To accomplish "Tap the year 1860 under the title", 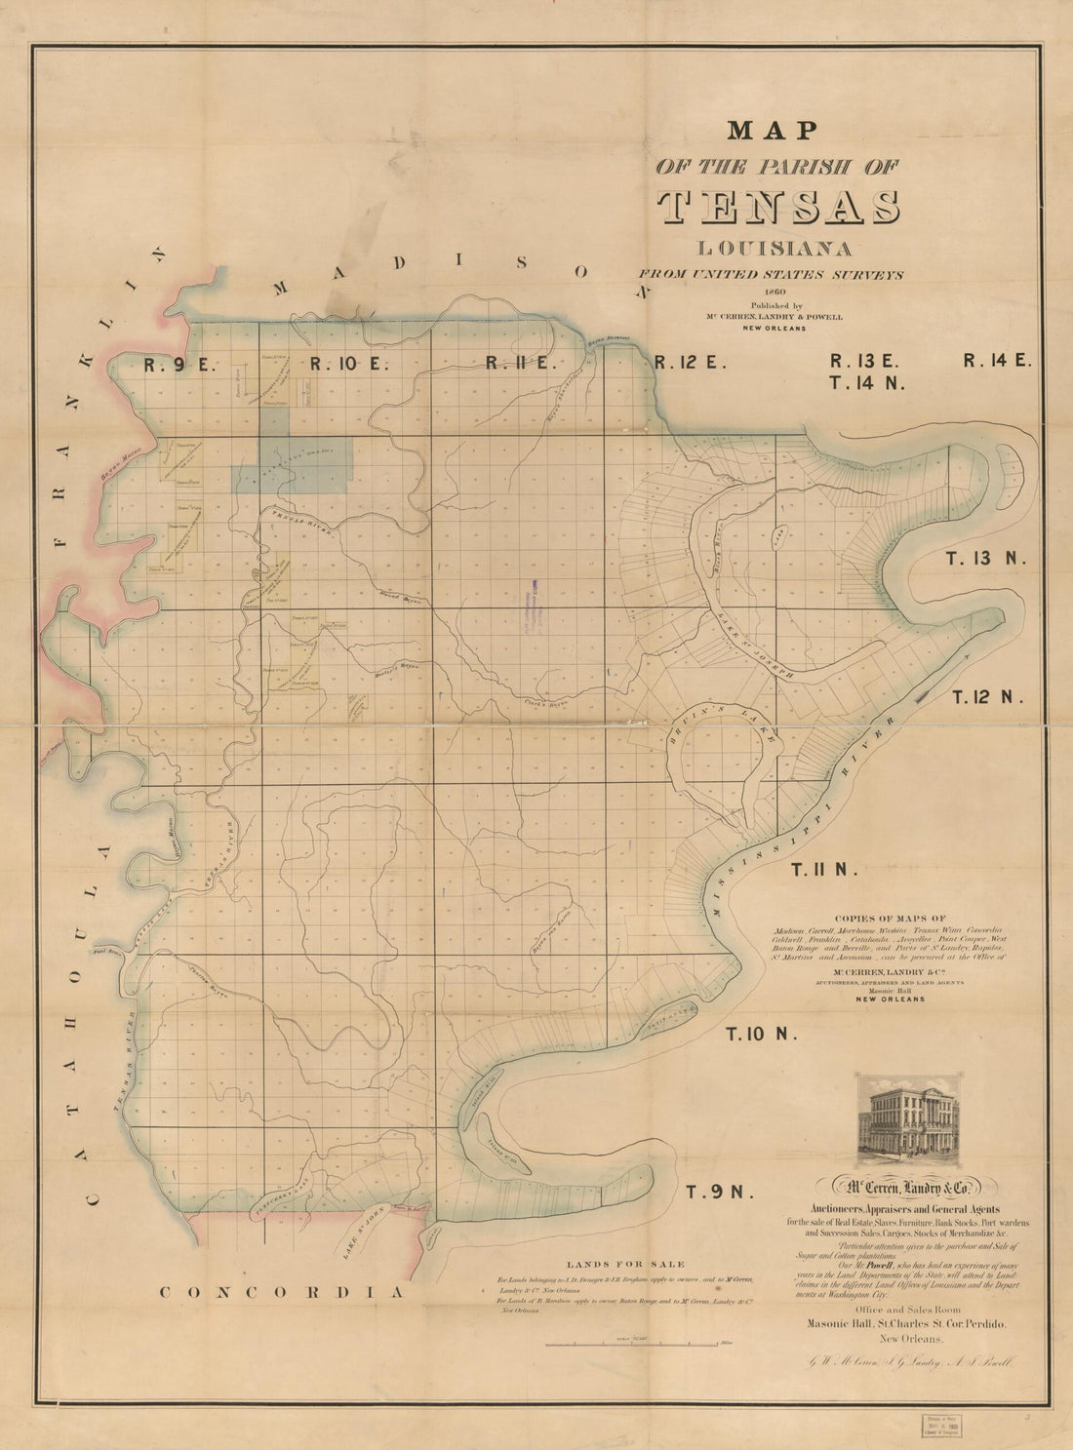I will [x=777, y=291].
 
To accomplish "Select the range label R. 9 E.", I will [x=179, y=366].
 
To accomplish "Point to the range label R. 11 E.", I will [x=521, y=364].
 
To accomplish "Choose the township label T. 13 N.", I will [x=986, y=558].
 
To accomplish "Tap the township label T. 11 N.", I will [x=824, y=870].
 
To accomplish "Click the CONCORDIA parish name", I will [x=281, y=1292].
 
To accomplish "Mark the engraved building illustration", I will [x=907, y=1120].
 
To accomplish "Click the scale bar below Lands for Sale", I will [x=638, y=1346].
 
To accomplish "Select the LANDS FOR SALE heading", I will [x=611, y=1265].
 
